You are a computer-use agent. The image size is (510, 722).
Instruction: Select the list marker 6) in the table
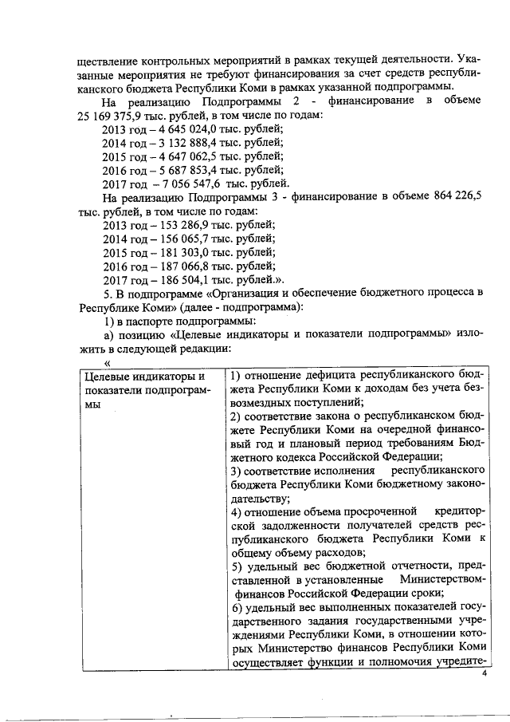coord(226,607)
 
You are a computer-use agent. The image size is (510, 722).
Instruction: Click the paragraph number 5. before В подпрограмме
coord(108,293)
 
